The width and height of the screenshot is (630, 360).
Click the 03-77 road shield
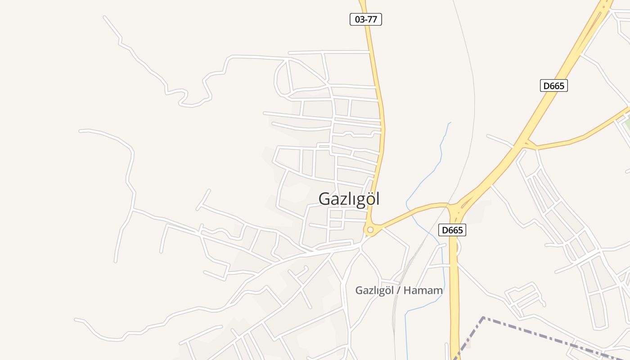365,19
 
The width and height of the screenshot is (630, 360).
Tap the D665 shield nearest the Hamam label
452,230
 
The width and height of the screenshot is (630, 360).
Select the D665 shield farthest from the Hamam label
553,85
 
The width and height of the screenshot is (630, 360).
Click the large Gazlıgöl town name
349,198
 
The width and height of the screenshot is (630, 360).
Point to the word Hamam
423,290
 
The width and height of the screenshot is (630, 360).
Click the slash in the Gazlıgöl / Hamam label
398,290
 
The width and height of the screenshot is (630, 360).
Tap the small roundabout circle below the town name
370,230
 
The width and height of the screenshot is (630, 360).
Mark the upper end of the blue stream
450,122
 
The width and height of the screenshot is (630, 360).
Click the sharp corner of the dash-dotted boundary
483,318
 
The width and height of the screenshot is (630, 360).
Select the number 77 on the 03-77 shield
372,19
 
